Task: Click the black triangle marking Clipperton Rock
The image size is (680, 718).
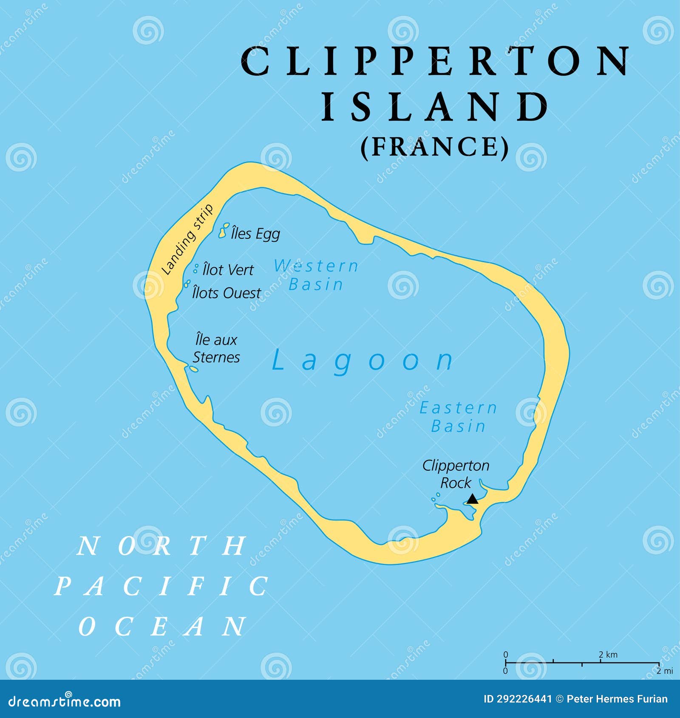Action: click(x=472, y=499)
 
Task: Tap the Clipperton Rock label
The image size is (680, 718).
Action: click(x=456, y=474)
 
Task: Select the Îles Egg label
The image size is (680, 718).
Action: click(x=255, y=233)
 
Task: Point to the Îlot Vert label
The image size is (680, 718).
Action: click(x=228, y=269)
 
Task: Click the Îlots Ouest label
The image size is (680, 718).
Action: click(x=227, y=293)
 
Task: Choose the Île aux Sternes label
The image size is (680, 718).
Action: click(x=216, y=348)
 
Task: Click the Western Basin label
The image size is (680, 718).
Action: click(x=316, y=275)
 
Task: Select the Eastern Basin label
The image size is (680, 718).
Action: click(x=458, y=417)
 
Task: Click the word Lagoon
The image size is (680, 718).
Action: click(x=363, y=361)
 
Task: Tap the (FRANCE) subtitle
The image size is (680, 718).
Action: click(x=435, y=147)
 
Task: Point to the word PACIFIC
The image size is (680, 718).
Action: click(x=162, y=587)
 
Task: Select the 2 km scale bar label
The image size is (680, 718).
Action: click(x=608, y=655)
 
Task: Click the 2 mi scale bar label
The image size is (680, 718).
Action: click(x=665, y=671)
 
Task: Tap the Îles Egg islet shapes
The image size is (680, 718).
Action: click(x=224, y=230)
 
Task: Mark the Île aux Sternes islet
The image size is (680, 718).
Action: click(x=193, y=369)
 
